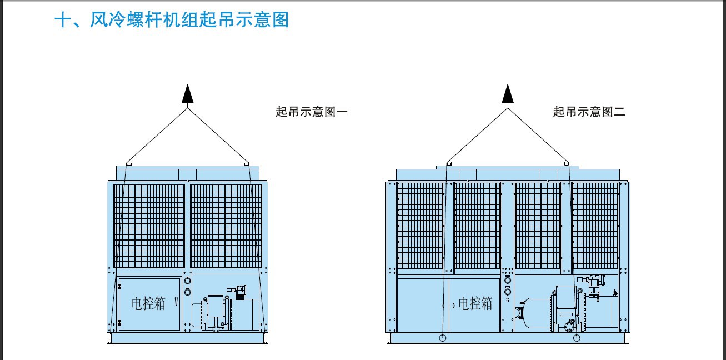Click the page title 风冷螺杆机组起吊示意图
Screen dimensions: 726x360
pyautogui.click(x=189, y=20)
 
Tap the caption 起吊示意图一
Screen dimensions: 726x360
pyautogui.click(x=312, y=112)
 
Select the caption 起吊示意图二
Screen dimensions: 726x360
pyautogui.click(x=589, y=112)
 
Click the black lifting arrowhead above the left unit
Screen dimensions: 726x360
pyautogui.click(x=187, y=94)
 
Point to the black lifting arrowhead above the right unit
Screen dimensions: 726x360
pyautogui.click(x=508, y=94)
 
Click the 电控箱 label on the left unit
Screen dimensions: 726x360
pyautogui.click(x=148, y=304)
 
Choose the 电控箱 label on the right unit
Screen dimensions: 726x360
pyautogui.click(x=475, y=304)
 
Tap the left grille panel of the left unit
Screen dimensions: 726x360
pyautogui.click(x=149, y=226)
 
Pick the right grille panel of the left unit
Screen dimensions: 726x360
pyautogui.click(x=226, y=226)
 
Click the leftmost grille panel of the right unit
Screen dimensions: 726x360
pyautogui.click(x=420, y=226)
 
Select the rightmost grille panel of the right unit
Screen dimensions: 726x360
pyautogui.click(x=595, y=226)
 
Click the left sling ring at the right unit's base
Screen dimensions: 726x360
pyautogui.click(x=442, y=338)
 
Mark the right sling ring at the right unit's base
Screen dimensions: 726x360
pyautogui.click(x=577, y=338)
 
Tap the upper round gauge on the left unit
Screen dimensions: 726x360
pyautogui.click(x=187, y=281)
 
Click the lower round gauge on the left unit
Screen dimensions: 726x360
pyautogui.click(x=187, y=292)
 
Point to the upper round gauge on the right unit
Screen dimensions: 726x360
pyautogui.click(x=508, y=280)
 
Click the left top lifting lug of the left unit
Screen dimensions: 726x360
pyautogui.click(x=129, y=164)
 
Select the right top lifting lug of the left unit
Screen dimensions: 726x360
pyautogui.click(x=246, y=164)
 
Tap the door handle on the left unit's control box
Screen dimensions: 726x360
pyautogui.click(x=176, y=301)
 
